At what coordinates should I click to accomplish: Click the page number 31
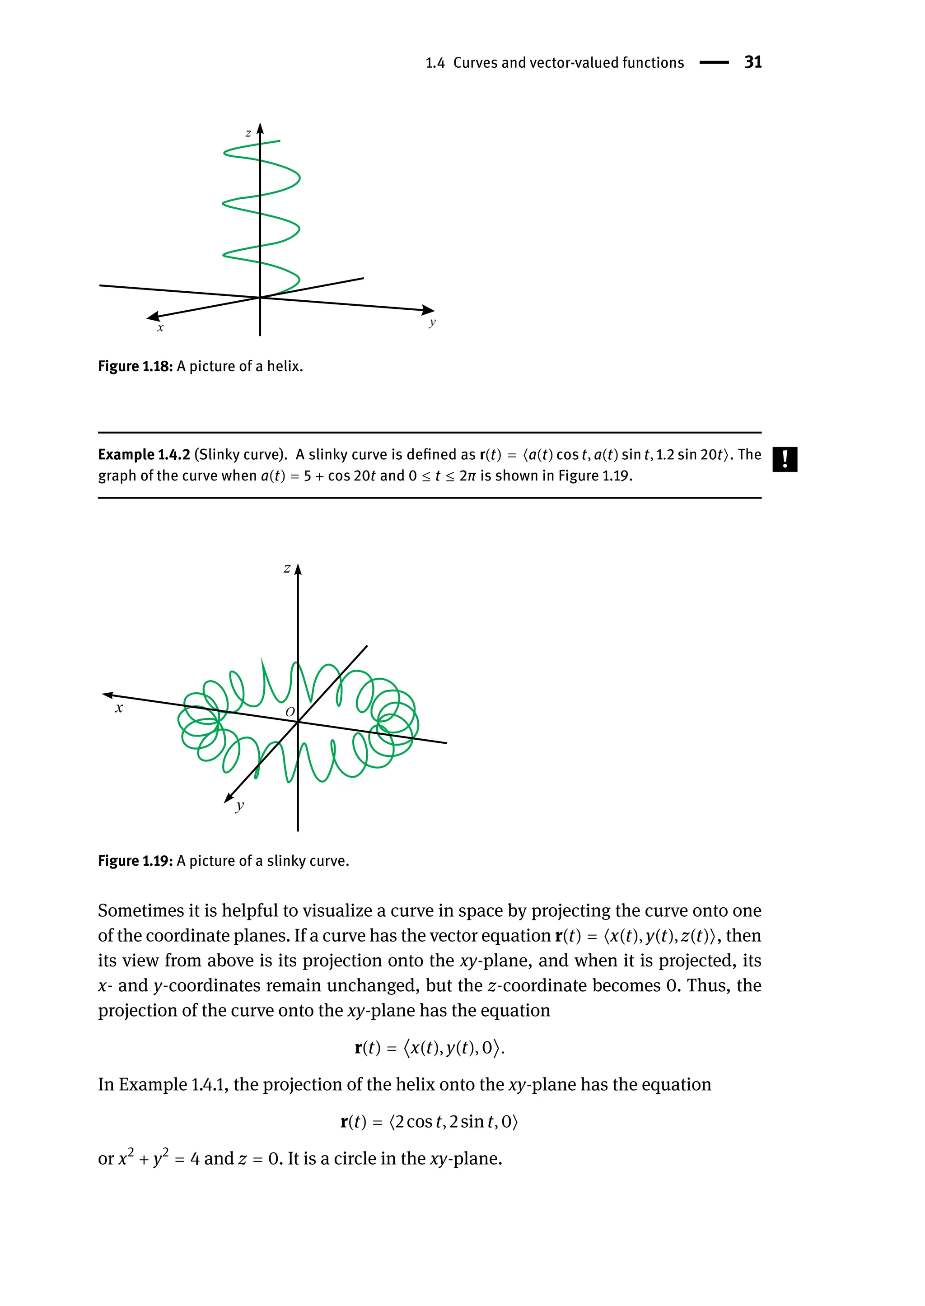[752, 62]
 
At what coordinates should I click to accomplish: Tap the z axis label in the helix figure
[248, 134]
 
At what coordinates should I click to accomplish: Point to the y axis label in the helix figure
[432, 322]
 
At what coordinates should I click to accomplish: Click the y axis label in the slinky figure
[240, 805]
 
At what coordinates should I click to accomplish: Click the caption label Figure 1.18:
[135, 366]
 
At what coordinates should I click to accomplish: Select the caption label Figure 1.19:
[135, 861]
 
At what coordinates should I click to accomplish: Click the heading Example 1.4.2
[144, 454]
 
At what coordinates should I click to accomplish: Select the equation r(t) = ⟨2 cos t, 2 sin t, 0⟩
[429, 1121]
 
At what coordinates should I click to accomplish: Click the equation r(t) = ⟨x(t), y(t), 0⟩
[429, 1047]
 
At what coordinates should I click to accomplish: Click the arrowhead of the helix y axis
[428, 310]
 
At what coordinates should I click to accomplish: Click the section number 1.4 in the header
[434, 63]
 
